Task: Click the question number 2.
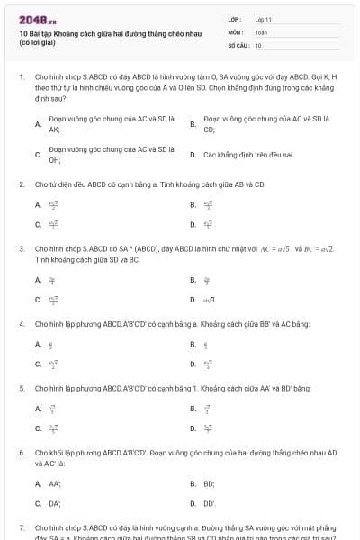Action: click(21, 184)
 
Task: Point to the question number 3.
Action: click(21, 247)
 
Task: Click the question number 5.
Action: click(21, 388)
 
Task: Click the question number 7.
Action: click(21, 527)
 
